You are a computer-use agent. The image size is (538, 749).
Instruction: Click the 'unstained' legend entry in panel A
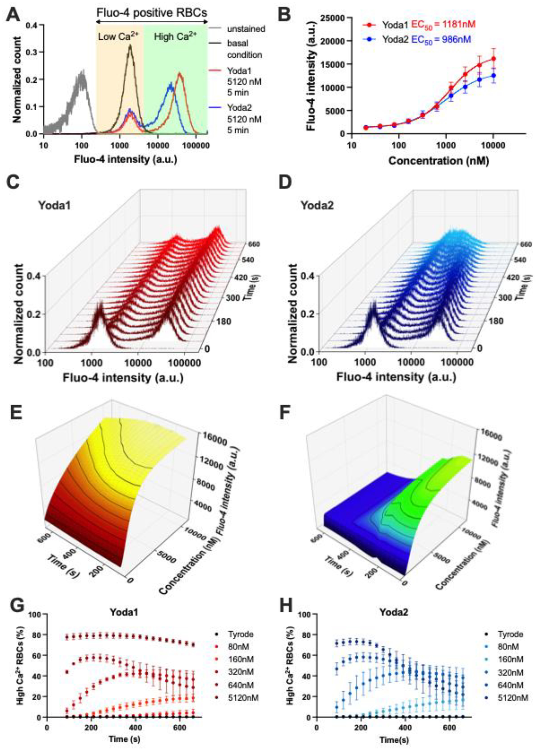246,29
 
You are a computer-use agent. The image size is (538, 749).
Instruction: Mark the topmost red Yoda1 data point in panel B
493,59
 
